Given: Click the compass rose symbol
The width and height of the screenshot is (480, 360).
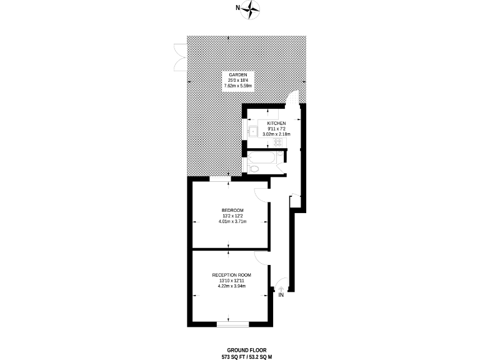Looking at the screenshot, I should click(x=252, y=8).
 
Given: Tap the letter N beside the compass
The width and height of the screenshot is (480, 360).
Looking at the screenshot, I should click(x=237, y=8).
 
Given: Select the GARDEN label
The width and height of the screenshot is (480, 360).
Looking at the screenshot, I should click(x=229, y=74).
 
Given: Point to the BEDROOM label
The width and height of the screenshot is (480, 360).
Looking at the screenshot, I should click(x=232, y=209).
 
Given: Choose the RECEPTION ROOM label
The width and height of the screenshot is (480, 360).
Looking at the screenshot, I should click(x=231, y=275).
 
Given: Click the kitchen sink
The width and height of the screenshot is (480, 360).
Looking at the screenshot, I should click(x=253, y=132).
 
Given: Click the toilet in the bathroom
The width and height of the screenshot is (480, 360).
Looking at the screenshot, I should click(x=254, y=168).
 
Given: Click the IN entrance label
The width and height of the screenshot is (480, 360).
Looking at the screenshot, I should click(x=281, y=295).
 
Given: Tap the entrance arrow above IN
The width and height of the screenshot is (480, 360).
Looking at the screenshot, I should click(x=281, y=287).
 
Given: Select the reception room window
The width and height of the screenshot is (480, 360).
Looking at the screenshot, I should click(x=232, y=324).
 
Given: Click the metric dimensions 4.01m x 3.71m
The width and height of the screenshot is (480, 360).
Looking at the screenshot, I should click(x=232, y=221).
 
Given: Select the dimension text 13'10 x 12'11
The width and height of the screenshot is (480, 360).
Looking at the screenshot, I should click(x=231, y=281).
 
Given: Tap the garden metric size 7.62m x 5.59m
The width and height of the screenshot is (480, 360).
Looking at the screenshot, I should click(x=229, y=86).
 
